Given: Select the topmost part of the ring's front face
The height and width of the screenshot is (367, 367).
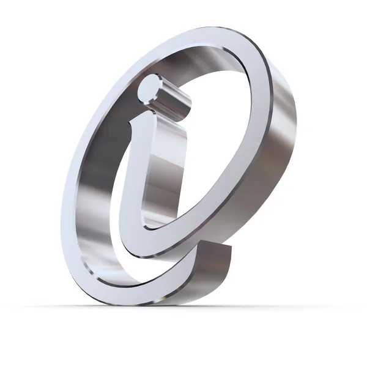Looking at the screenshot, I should (202, 38).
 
